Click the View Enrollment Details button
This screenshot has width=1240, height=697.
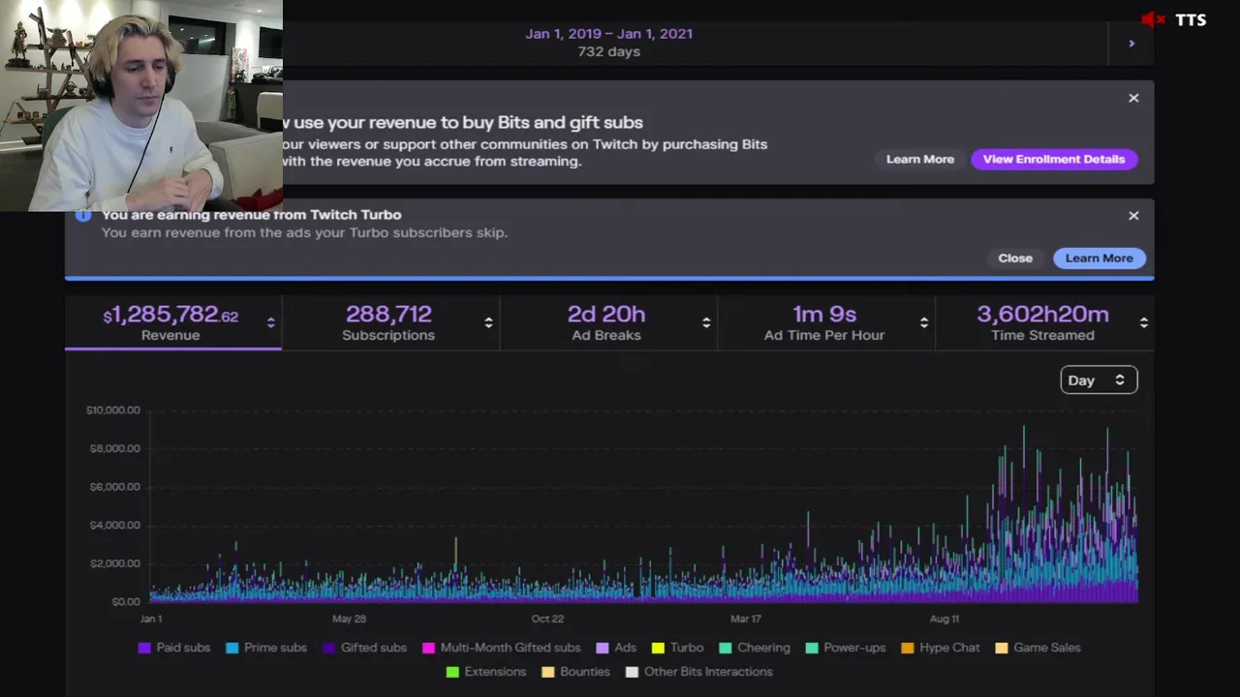click(1054, 159)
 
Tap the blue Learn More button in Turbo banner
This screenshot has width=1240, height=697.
click(1099, 258)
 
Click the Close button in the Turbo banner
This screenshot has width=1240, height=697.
click(1015, 258)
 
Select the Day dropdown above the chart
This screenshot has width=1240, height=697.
click(1099, 380)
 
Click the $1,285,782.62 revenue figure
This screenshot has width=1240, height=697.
click(171, 316)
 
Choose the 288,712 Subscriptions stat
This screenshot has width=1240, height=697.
click(388, 315)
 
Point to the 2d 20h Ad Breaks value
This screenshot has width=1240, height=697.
click(606, 315)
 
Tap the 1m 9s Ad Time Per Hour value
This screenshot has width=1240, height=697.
click(824, 315)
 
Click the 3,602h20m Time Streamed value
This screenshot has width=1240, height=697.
click(1042, 315)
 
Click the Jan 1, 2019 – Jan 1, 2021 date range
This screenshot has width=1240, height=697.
click(608, 33)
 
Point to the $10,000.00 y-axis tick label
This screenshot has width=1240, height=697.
click(113, 410)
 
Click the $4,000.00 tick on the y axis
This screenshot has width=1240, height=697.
click(113, 525)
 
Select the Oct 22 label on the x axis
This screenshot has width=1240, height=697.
click(547, 619)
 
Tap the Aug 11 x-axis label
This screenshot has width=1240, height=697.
click(945, 619)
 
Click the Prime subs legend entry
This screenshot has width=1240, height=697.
click(266, 648)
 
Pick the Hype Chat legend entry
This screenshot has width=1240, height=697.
click(941, 648)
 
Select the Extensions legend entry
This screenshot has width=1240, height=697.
click(486, 672)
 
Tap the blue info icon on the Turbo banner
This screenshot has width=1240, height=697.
click(83, 215)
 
